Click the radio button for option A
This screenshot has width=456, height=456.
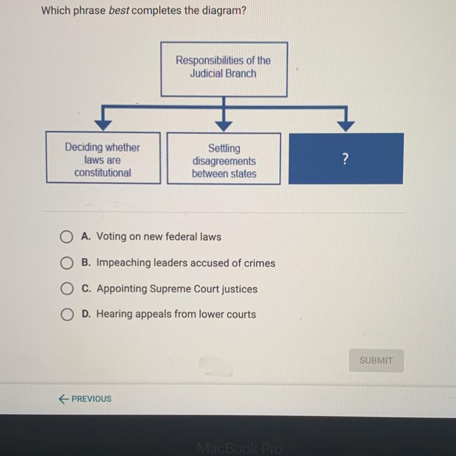click(67, 237)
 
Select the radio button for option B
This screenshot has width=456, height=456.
click(67, 263)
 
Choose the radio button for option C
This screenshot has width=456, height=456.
click(67, 289)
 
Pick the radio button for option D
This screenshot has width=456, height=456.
click(67, 315)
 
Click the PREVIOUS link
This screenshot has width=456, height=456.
click(85, 399)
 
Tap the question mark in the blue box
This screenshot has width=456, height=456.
click(345, 159)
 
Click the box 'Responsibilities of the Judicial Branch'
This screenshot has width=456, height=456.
click(224, 69)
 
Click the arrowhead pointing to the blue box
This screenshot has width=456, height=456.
click(345, 126)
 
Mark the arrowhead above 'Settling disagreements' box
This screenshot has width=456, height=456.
click(224, 126)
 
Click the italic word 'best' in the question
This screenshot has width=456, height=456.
click(118, 10)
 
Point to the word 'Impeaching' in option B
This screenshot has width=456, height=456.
click(122, 263)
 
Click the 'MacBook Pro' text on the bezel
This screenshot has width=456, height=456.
click(240, 448)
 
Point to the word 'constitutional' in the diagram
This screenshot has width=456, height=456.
click(103, 173)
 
